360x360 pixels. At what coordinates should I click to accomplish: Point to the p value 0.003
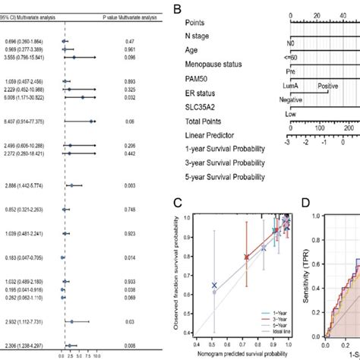click(x=130, y=185)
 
